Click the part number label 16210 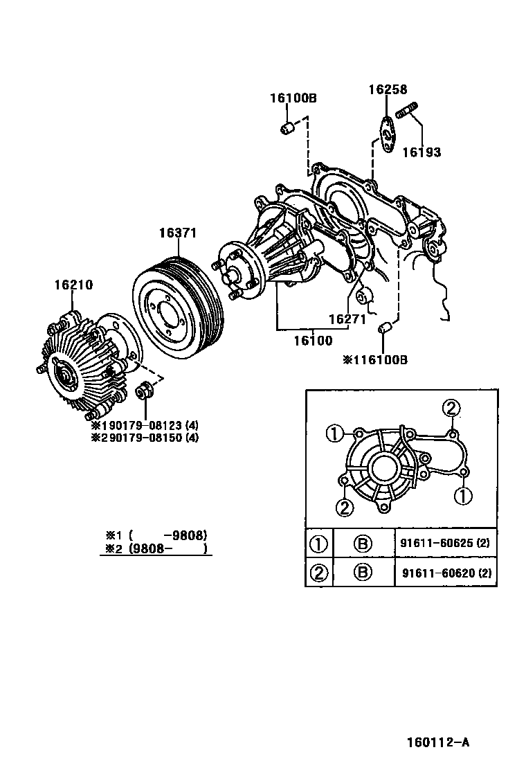(74, 285)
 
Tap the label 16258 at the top (388, 89)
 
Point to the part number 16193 (421, 152)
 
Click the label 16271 (347, 319)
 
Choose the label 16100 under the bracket (312, 341)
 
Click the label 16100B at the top (293, 98)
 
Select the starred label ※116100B (375, 360)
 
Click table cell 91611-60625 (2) (444, 543)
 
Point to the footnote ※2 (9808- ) (156, 548)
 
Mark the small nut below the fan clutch (145, 391)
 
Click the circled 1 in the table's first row (318, 544)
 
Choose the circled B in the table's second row (363, 572)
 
